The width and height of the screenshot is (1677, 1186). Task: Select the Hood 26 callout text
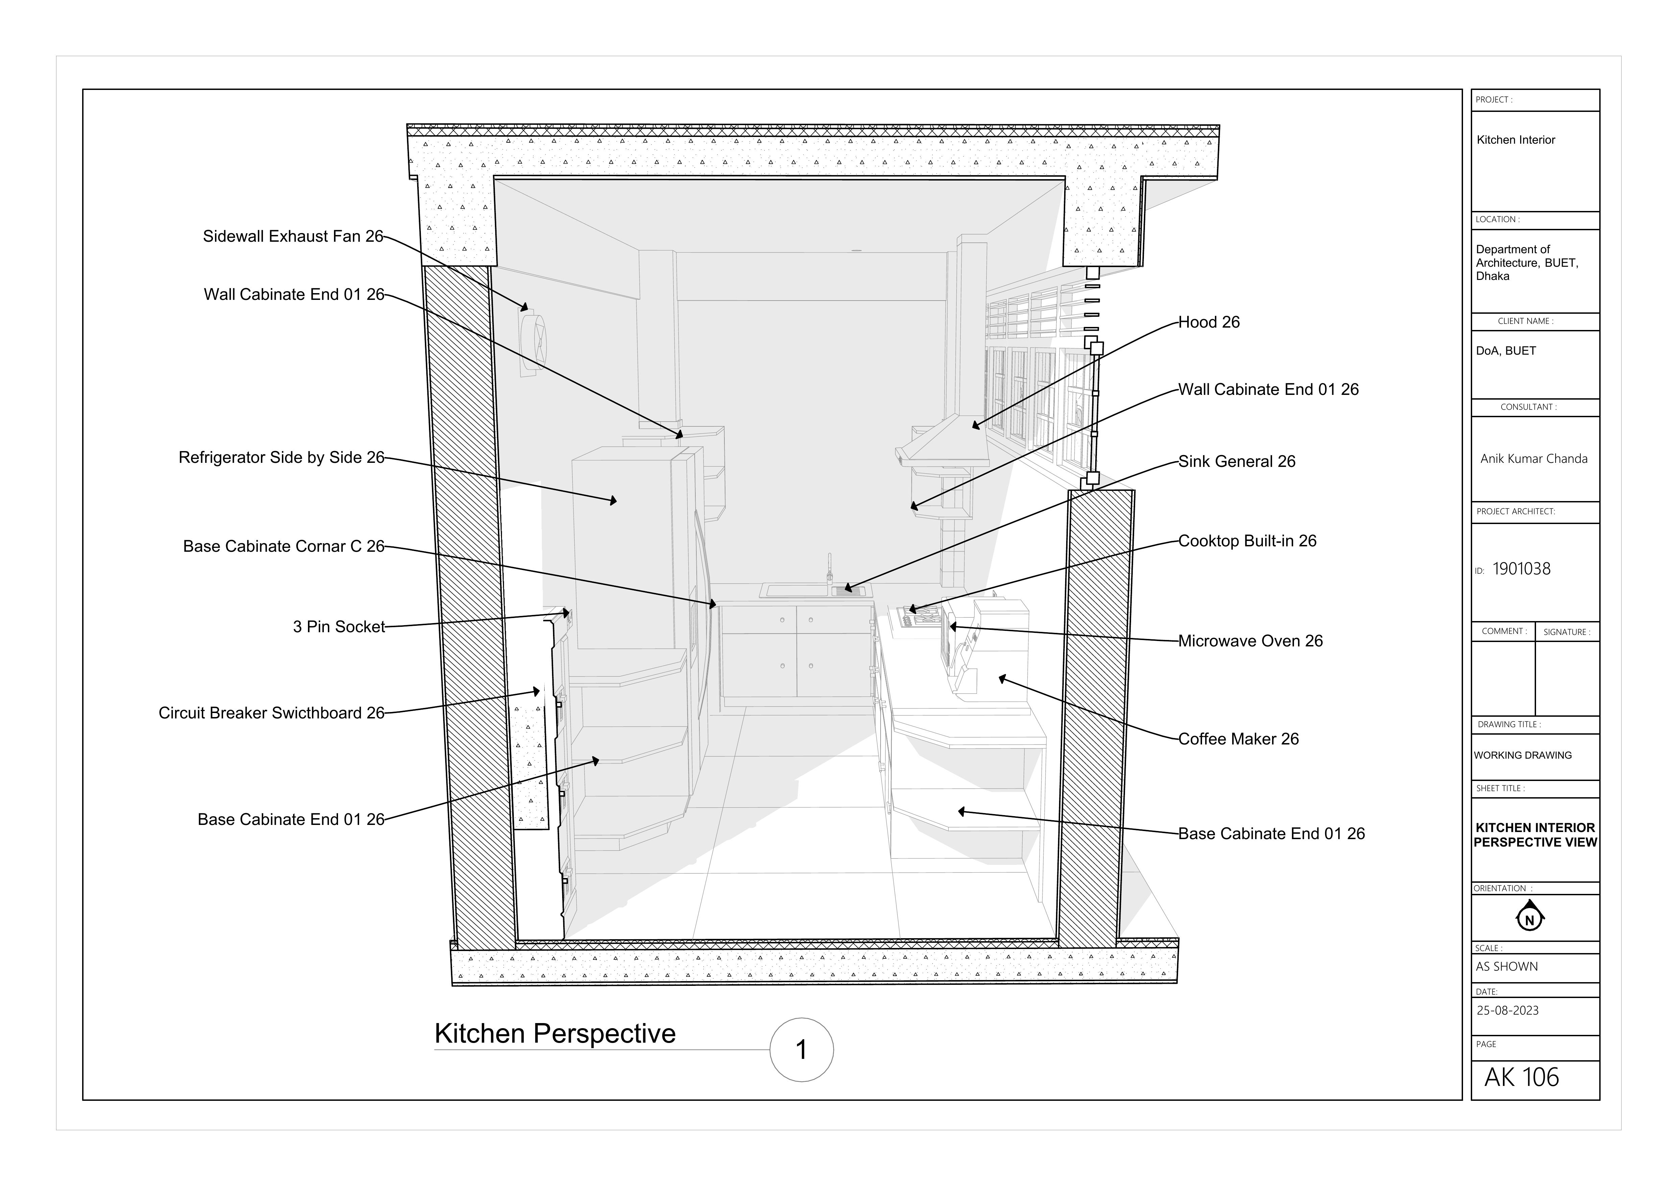(1209, 322)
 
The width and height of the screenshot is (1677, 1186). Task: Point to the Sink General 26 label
(1237, 461)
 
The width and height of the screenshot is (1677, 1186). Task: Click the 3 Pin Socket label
(339, 626)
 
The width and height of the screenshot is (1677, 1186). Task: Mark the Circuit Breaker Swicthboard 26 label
(271, 713)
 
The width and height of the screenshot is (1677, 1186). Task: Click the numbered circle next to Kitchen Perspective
(801, 1049)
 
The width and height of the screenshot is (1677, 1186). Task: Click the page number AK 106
(1522, 1077)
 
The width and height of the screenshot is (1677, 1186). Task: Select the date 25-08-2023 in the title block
(1508, 1011)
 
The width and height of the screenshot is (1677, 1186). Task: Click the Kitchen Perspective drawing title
(555, 1034)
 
